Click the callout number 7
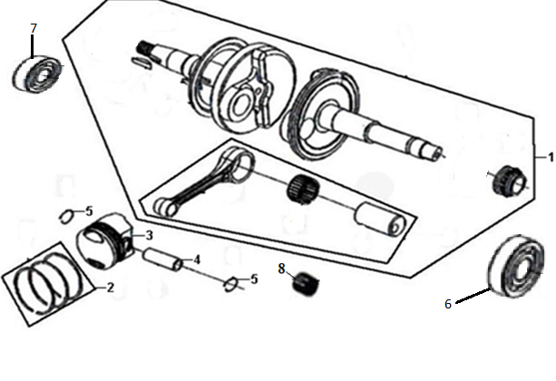34,28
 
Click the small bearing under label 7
37,74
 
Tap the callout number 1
551,157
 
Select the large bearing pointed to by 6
516,266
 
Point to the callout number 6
448,304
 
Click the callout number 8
281,269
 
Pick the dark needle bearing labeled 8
307,284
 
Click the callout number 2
111,288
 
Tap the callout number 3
150,235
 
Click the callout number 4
197,259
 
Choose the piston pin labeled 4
162,259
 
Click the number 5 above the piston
89,211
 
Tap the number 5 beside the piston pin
254,279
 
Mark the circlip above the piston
66,217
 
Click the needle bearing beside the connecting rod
303,189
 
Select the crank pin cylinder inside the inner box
380,219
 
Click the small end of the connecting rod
166,207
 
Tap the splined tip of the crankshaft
145,47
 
